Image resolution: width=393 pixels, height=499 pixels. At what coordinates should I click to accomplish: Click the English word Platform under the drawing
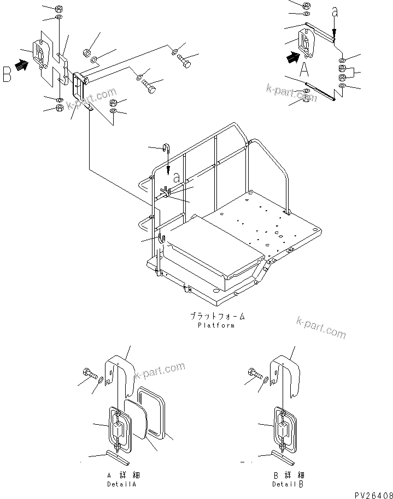[216, 325]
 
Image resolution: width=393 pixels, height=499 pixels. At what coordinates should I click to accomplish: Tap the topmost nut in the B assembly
[59, 9]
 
